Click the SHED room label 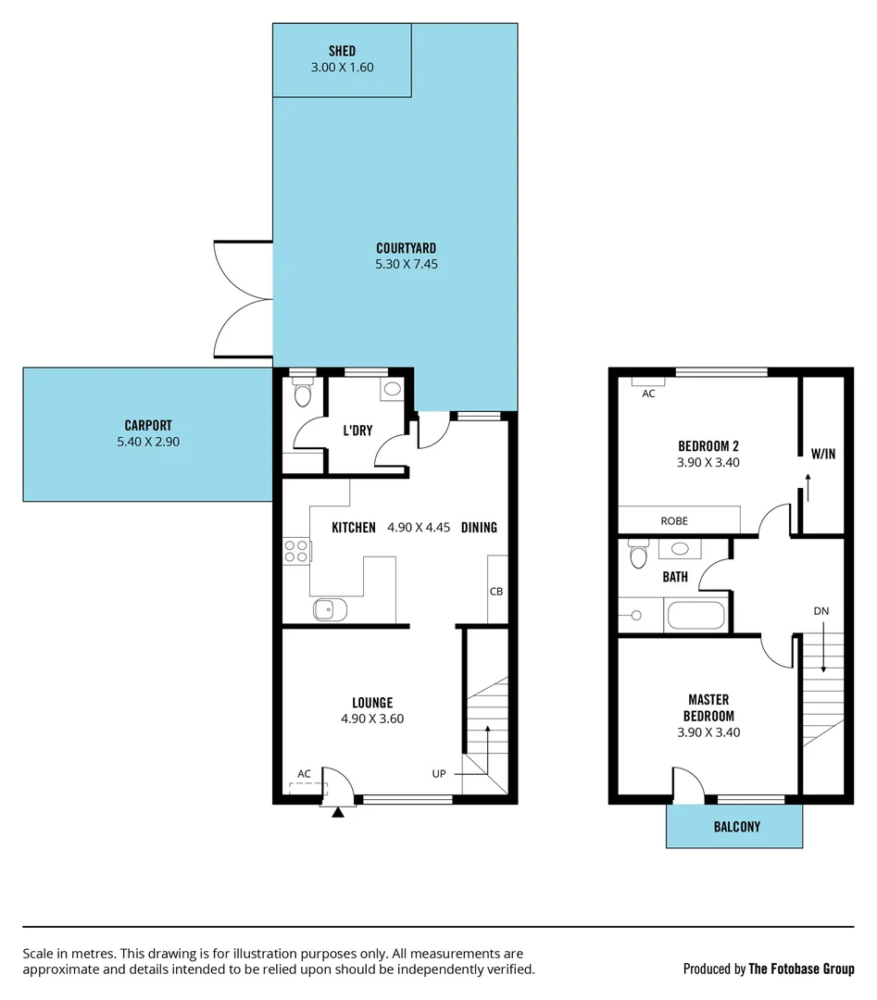pyautogui.click(x=342, y=51)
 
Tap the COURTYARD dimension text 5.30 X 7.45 pyautogui.click(x=406, y=264)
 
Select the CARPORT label pyautogui.click(x=148, y=426)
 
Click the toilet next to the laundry pyautogui.click(x=301, y=396)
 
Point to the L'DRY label pyautogui.click(x=357, y=431)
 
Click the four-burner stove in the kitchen pyautogui.click(x=296, y=552)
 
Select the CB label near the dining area pyautogui.click(x=496, y=591)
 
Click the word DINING pyautogui.click(x=479, y=528)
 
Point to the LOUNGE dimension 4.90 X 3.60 pyautogui.click(x=372, y=719)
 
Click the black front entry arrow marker pyautogui.click(x=338, y=812)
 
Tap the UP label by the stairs pyautogui.click(x=440, y=773)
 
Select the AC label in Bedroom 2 pyautogui.click(x=648, y=394)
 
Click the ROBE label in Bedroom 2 pyautogui.click(x=674, y=521)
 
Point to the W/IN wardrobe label pyautogui.click(x=822, y=454)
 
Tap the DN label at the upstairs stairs pyautogui.click(x=821, y=611)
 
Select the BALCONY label pyautogui.click(x=736, y=826)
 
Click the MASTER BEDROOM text pyautogui.click(x=708, y=707)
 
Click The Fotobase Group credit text pyautogui.click(x=800, y=969)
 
